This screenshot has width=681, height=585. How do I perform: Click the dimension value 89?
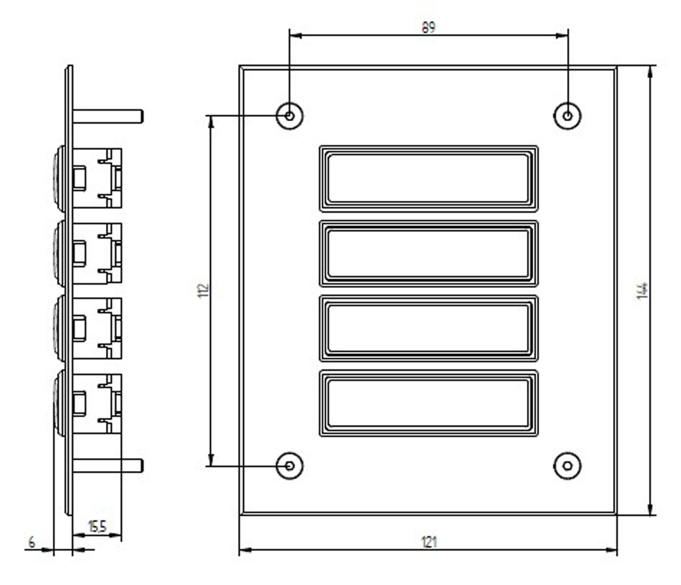(x=428, y=27)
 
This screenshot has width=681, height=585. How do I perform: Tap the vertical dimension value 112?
(x=203, y=290)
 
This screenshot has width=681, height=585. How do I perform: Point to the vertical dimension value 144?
(x=642, y=291)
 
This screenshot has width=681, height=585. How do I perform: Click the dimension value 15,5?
(x=97, y=526)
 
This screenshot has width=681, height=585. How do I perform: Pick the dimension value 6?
(x=32, y=542)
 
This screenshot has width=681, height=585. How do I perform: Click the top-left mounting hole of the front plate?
(x=289, y=116)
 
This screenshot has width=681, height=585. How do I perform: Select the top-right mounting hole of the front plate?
(x=567, y=116)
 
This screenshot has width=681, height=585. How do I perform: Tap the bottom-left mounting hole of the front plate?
(x=289, y=466)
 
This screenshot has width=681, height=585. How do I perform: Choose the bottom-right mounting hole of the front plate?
(x=567, y=466)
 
